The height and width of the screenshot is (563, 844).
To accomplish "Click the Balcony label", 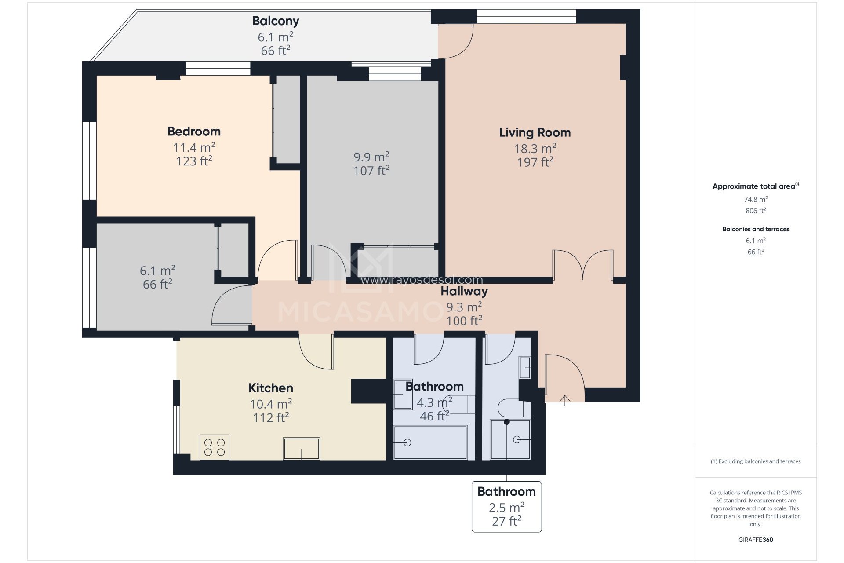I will pyautogui.click(x=276, y=21).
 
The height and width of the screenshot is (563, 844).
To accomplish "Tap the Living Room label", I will pyautogui.click(x=535, y=132).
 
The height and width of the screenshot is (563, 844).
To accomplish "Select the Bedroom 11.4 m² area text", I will pyautogui.click(x=194, y=147).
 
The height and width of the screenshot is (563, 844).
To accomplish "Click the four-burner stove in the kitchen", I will pyautogui.click(x=215, y=447).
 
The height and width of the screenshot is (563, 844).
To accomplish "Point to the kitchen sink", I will pyautogui.click(x=301, y=448).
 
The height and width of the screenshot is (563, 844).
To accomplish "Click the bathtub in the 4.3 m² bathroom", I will pyautogui.click(x=430, y=442).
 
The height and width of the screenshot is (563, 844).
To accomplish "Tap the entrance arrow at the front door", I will pyautogui.click(x=565, y=400).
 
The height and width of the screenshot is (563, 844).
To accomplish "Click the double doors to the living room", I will pyautogui.click(x=582, y=265).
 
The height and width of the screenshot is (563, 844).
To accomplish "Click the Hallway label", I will pyautogui.click(x=464, y=291).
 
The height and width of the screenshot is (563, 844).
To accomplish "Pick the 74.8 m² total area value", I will pyautogui.click(x=756, y=199).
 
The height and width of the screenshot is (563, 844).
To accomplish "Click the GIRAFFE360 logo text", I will pyautogui.click(x=756, y=540).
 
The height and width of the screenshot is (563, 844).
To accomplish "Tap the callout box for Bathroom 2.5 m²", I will pyautogui.click(x=506, y=506).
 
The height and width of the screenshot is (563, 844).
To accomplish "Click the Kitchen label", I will pyautogui.click(x=271, y=388).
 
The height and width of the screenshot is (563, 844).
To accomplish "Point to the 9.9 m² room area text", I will pyautogui.click(x=371, y=157).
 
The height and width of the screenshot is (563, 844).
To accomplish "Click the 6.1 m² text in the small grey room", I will pyautogui.click(x=157, y=271).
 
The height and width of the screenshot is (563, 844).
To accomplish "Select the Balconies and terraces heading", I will pyautogui.click(x=756, y=229).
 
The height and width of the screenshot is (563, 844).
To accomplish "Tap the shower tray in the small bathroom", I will pyautogui.click(x=510, y=439).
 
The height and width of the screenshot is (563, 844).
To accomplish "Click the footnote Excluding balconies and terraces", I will pyautogui.click(x=756, y=461).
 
